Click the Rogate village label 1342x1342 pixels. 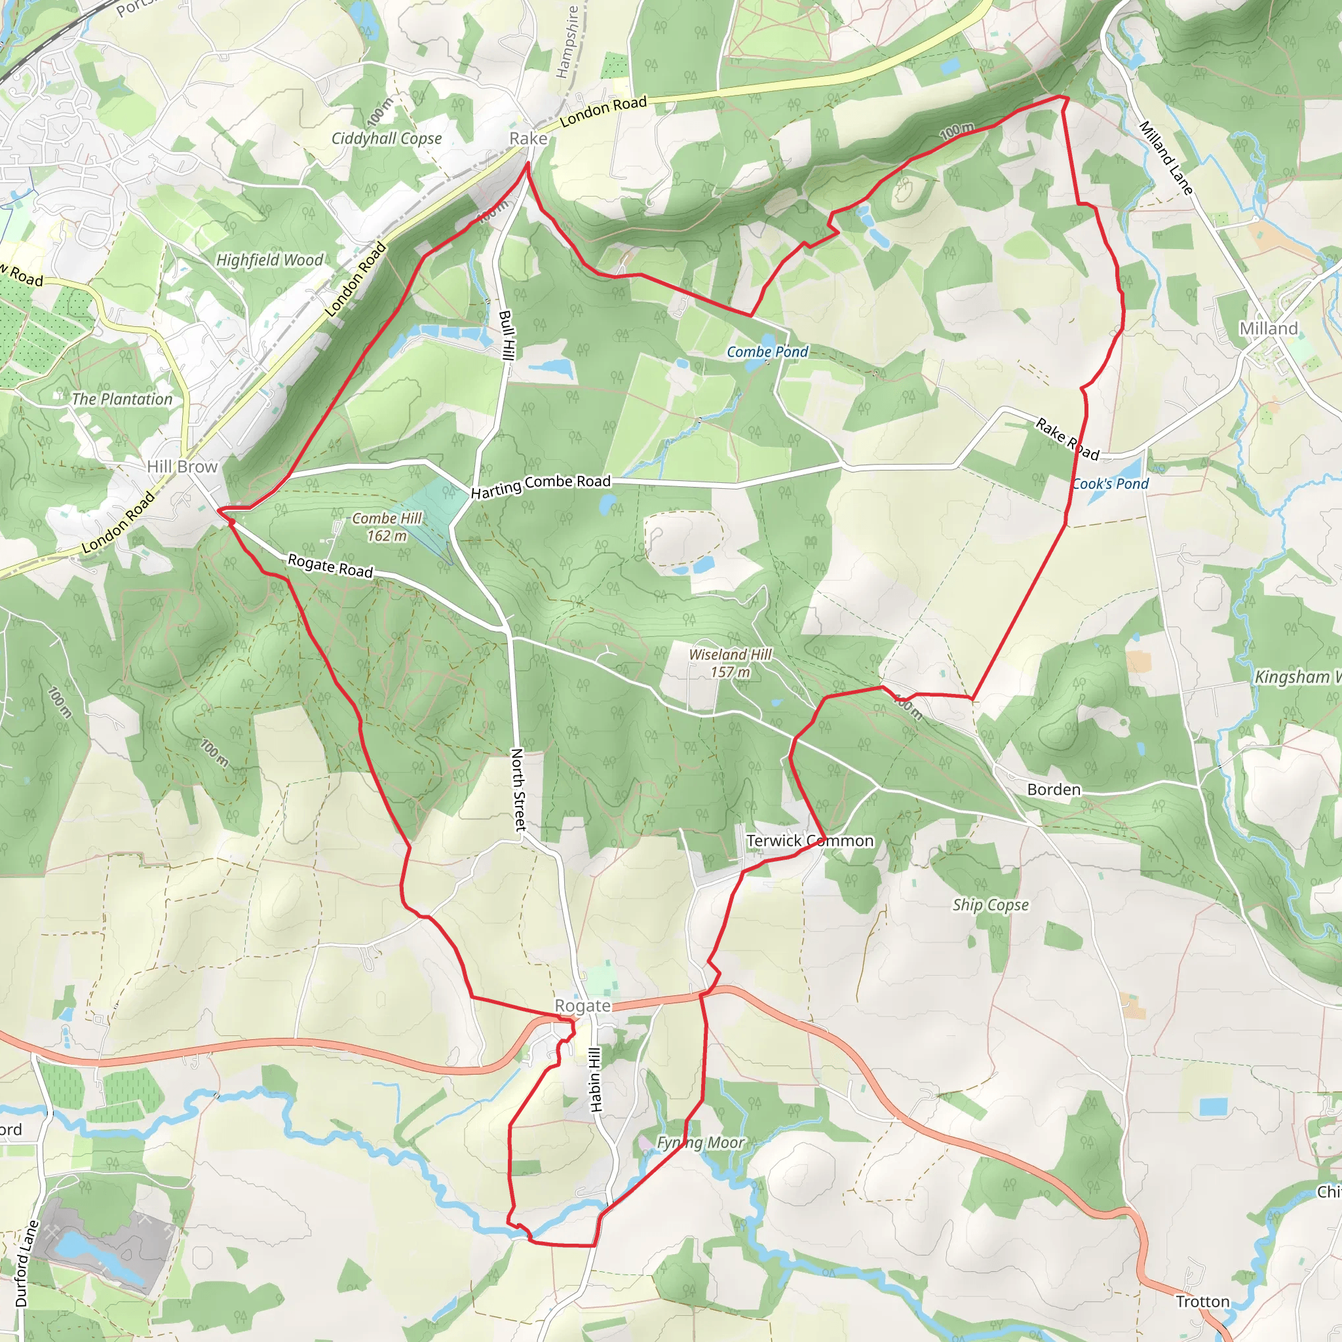coord(582,1006)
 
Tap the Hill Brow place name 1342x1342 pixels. coord(182,467)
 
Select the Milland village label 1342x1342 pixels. coord(1269,328)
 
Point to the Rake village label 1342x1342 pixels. coord(528,138)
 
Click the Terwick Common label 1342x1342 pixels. coord(810,841)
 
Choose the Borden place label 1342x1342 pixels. coord(1054,790)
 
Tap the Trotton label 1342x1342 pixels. coord(1202,1302)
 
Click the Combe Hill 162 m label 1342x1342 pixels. coord(387,527)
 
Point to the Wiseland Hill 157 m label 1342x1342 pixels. coord(730,662)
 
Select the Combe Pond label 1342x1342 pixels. coord(767,352)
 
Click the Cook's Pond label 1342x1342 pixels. coord(1110,484)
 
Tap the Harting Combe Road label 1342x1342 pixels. coord(541,486)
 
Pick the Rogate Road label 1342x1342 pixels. coord(331,566)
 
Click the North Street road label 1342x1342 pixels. coord(518,790)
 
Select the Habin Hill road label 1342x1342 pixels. coord(595,1079)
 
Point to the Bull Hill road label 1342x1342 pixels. coord(507,335)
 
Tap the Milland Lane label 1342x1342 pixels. coord(1166,158)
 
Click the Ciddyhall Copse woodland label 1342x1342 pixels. coord(386,138)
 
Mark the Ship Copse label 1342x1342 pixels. coord(990,905)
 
